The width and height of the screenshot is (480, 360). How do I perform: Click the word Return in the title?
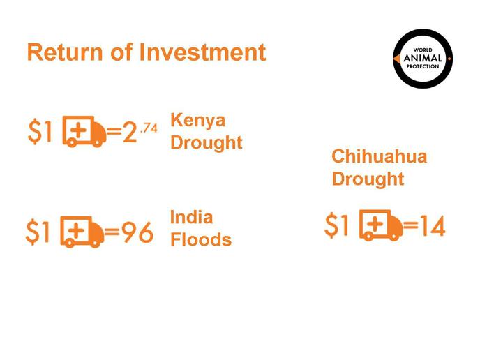(x=65, y=52)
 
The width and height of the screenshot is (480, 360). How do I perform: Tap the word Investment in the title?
(x=202, y=52)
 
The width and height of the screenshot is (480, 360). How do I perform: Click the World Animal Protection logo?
(x=423, y=59)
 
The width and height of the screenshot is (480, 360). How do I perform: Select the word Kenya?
(x=197, y=121)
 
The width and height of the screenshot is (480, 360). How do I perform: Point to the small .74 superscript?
(x=149, y=128)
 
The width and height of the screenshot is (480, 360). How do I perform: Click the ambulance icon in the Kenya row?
(x=84, y=131)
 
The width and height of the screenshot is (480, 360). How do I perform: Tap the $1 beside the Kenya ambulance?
(x=40, y=132)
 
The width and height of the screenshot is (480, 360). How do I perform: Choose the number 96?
(x=137, y=232)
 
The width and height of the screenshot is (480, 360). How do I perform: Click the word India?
(x=191, y=217)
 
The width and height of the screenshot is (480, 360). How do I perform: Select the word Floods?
(x=201, y=239)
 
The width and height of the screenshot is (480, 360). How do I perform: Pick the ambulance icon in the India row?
(x=82, y=232)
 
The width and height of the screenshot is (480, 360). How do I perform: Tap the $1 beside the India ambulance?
(x=38, y=232)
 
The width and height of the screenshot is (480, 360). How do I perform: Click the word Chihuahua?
(x=380, y=156)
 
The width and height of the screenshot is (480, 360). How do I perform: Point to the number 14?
(x=433, y=226)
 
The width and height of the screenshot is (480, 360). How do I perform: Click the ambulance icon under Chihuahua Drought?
(x=381, y=225)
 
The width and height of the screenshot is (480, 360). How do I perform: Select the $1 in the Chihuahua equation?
(x=336, y=225)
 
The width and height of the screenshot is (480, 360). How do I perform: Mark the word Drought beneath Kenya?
(x=207, y=142)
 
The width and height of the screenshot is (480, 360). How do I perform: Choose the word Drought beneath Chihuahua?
(x=368, y=179)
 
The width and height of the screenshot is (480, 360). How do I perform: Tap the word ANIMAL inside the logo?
(x=423, y=58)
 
